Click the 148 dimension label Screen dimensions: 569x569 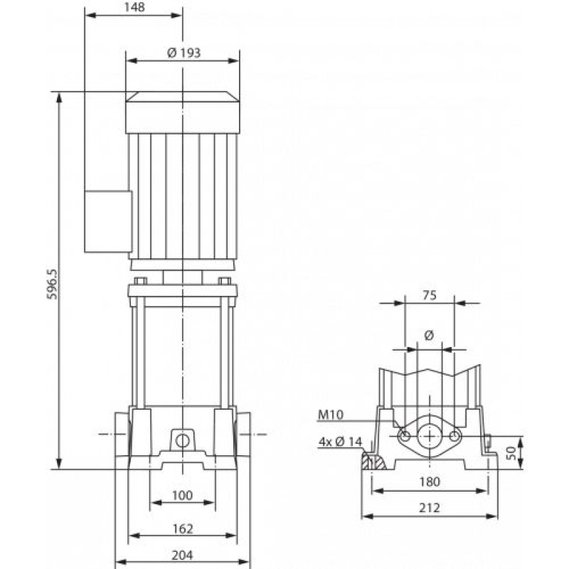134,7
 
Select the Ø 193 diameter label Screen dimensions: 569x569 184,53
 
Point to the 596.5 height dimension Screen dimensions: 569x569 53,284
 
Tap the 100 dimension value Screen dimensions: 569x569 182,495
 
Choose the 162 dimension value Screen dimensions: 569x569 183,528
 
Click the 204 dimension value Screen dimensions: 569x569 183,555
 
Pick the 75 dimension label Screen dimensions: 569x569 430,295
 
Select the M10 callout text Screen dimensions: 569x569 330,415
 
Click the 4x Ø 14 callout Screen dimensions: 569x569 341,442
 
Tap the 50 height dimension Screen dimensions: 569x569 511,453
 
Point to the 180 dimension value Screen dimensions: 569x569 430,482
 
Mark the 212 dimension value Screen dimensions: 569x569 430,508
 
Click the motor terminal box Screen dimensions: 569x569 108,221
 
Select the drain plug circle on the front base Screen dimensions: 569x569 182,441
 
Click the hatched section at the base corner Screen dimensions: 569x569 373,461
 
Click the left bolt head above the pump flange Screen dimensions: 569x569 140,281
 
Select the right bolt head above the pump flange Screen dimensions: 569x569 225,281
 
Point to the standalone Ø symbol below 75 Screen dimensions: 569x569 430,335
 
